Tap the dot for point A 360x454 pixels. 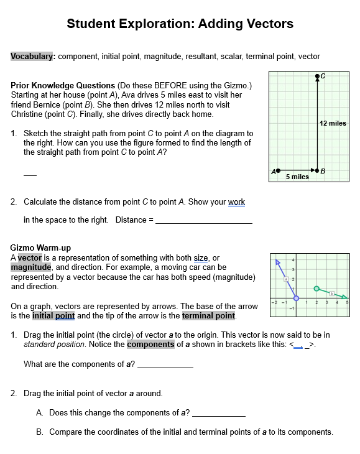pos(278,169)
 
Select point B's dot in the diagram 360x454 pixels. pos(318,169)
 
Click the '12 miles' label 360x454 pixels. pos(333,123)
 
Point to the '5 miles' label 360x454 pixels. pos(297,177)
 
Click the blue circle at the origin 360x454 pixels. pos(295,299)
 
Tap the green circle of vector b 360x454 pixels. pos(316,289)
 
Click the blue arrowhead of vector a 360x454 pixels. pos(279,262)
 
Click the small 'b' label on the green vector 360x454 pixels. pos(332,293)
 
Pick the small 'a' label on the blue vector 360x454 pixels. pos(286,279)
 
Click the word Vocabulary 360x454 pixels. pos(33,57)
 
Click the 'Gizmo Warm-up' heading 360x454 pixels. pos(40,248)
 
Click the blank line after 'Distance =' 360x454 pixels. pos(203,221)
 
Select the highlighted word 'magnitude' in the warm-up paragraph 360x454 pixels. pos(30,267)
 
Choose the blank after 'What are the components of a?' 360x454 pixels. pos(165,365)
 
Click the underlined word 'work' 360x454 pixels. pos(236,202)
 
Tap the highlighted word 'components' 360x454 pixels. pos(150,344)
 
